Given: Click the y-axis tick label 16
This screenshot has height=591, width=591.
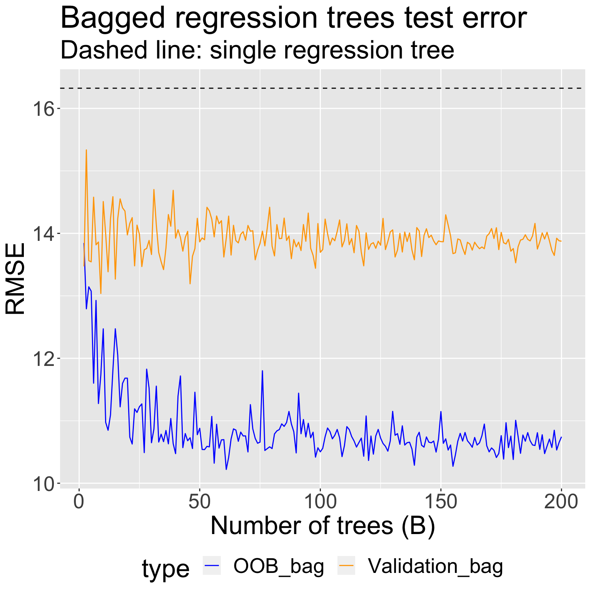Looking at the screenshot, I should [43, 109].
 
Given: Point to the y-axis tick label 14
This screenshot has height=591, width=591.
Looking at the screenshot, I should [43, 234].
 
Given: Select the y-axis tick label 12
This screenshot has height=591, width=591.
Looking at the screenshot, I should [43, 359].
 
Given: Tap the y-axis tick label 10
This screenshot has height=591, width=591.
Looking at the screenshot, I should [43, 484].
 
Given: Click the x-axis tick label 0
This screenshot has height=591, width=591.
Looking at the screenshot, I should [79, 503].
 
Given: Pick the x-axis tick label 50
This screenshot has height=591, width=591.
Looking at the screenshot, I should [199, 503].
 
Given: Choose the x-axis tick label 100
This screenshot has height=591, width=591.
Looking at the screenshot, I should [320, 503].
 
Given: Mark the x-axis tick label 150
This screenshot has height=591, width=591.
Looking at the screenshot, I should [441, 503].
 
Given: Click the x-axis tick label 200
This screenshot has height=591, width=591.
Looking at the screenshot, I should [561, 503].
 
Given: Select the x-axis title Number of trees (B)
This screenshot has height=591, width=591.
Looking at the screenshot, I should [322, 526].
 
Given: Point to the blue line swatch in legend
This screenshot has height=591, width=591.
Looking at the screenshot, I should [212, 565].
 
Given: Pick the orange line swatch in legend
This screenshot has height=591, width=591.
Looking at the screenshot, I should [346, 565].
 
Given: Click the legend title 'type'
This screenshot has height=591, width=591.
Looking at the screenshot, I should [165, 568].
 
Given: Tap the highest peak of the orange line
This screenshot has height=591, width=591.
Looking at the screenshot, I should [86, 150].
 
